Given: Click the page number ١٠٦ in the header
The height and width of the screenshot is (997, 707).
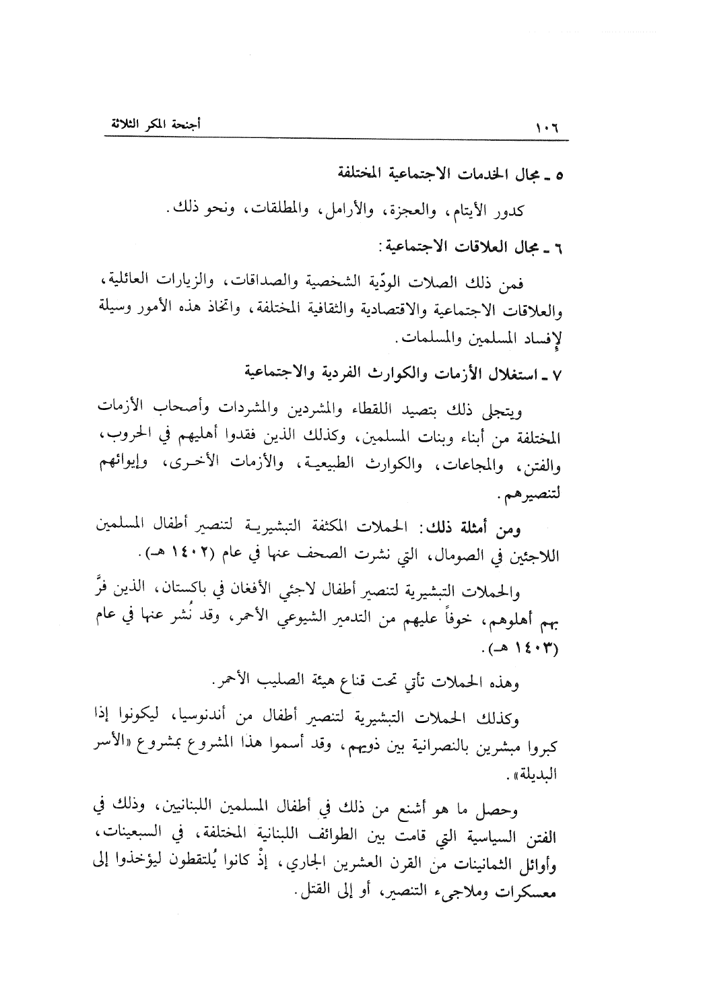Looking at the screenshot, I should click(x=549, y=128).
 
